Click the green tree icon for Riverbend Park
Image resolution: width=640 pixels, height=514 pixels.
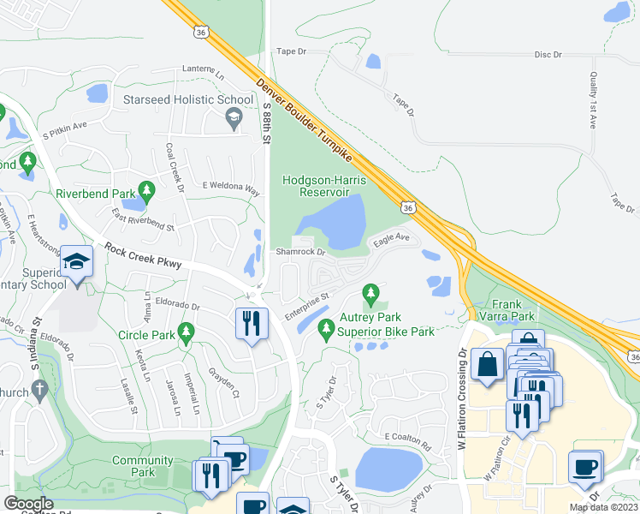tap(146, 190)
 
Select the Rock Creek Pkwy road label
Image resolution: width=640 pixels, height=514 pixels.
tap(143, 257)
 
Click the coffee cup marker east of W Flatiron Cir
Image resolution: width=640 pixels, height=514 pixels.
tap(585, 467)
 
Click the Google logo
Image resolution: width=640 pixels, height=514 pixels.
tap(29, 503)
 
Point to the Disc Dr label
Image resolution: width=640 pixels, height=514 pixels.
tap(548, 54)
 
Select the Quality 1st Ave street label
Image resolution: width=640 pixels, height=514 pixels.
tap(592, 99)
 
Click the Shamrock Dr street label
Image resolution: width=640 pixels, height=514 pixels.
tap(300, 252)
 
